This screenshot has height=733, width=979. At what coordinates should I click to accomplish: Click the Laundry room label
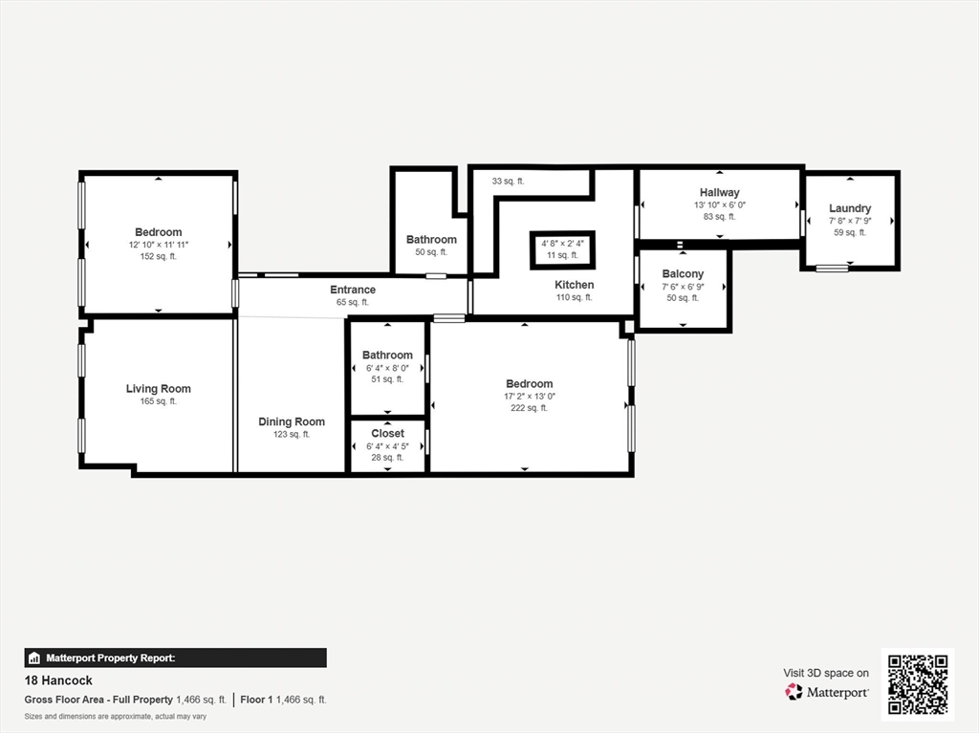click(x=850, y=208)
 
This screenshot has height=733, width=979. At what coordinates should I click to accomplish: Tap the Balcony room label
click(x=683, y=274)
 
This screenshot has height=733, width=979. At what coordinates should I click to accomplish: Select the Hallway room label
click(x=719, y=193)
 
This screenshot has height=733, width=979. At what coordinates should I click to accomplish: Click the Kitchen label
click(x=574, y=285)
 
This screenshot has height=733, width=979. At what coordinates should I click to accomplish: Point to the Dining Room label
click(x=292, y=422)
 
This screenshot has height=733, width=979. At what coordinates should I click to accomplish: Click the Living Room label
click(x=159, y=389)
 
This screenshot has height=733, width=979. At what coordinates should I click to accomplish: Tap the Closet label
click(x=388, y=433)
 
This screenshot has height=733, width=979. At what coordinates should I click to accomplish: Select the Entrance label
click(x=353, y=290)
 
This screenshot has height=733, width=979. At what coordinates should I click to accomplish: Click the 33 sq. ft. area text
click(x=509, y=181)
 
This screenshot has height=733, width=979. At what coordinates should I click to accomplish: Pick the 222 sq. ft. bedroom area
click(x=529, y=408)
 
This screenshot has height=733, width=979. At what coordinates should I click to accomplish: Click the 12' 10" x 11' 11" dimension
click(x=159, y=245)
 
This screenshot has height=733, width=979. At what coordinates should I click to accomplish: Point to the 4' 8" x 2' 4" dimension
click(x=562, y=244)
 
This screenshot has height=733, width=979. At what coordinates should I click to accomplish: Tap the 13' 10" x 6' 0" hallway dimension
click(x=719, y=205)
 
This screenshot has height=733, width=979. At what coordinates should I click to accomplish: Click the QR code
click(x=918, y=684)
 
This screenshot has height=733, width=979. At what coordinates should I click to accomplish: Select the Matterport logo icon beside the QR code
click(x=794, y=692)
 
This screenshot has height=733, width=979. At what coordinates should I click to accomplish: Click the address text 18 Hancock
click(x=58, y=680)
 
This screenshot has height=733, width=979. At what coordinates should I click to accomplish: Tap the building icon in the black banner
click(x=34, y=658)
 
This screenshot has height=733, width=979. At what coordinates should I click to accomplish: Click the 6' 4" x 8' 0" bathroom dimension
click(x=388, y=368)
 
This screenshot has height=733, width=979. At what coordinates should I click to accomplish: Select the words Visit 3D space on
click(x=826, y=673)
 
